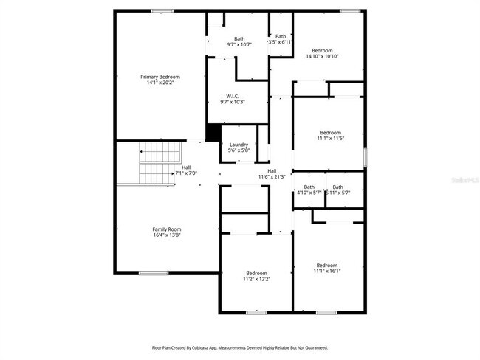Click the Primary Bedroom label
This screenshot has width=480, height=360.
coord(160,77)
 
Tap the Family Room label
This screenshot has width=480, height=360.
coord(167,229)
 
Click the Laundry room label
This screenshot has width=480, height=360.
coord(239,145)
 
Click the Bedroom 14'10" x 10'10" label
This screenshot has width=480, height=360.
coord(322,51)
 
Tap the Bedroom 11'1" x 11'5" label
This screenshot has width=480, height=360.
coord(330,133)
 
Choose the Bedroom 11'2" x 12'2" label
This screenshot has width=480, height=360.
coord(256,272)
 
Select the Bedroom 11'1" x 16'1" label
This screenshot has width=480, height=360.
coord(327,266)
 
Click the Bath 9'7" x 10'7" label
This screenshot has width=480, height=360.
coord(239,39)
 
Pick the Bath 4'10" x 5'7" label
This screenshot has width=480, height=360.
coord(309,187)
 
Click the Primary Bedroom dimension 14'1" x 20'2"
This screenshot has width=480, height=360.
coord(160,82)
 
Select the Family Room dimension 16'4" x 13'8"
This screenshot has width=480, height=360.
coord(167,235)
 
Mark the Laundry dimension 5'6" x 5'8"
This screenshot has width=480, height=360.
coord(239,150)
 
